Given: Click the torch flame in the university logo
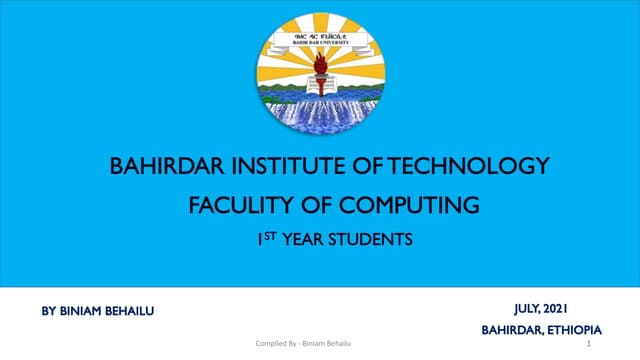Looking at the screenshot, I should click(319, 61).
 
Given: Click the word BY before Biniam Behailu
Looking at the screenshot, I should click(48, 313).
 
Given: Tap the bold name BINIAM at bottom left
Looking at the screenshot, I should click(84, 313).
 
